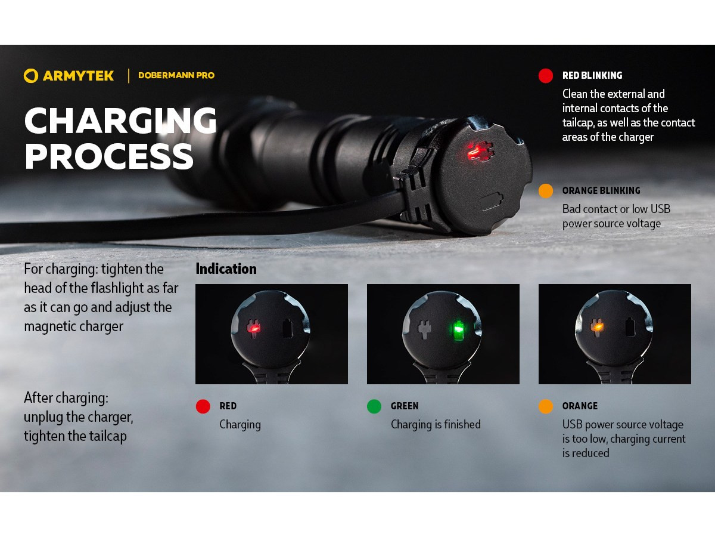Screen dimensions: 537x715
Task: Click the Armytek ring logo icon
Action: coord(31,76)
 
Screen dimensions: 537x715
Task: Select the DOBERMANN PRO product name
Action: coord(176,76)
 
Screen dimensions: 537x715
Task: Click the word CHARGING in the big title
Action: coord(120,121)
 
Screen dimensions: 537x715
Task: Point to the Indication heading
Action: coord(226,269)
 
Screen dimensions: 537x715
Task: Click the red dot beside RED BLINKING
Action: coord(546,76)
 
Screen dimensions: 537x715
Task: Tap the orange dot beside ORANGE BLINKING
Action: coord(546,191)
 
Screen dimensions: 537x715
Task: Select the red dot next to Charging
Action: coord(203,406)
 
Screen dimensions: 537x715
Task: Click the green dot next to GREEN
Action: coord(374,406)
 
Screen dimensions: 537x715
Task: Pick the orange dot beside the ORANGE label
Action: coord(546,406)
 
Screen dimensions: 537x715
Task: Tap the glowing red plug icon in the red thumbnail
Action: coord(253,328)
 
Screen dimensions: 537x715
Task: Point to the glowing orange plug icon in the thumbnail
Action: coord(597,327)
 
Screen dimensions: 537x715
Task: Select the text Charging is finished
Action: coord(436,424)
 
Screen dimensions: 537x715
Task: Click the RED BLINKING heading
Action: coord(592,76)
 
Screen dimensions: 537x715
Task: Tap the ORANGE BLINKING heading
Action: coord(601,191)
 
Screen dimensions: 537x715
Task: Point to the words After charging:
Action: coord(66,398)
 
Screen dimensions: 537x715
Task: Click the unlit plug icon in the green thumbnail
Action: coord(424,328)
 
